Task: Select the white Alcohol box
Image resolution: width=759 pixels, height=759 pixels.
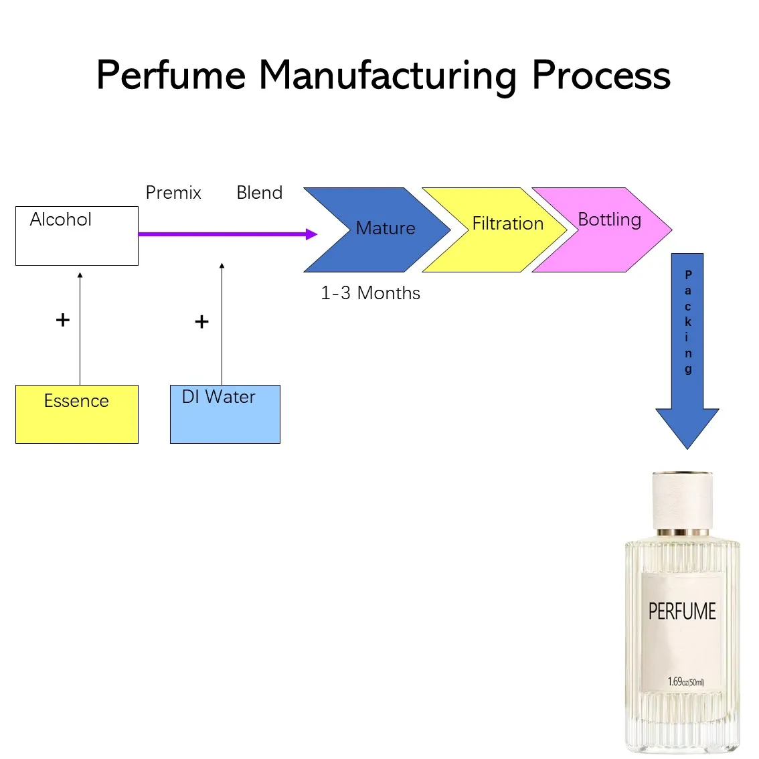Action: (x=76, y=236)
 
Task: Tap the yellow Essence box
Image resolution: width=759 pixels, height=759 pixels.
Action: (x=76, y=414)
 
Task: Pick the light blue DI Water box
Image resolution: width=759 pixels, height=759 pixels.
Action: (x=225, y=414)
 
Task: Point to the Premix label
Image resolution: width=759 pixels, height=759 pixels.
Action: (x=173, y=193)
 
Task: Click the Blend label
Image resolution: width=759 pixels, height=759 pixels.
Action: (x=260, y=193)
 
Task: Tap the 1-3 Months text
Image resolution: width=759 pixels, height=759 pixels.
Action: (x=370, y=293)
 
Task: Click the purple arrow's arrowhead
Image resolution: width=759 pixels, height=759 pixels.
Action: (x=311, y=234)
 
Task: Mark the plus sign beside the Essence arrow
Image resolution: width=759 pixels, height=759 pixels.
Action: (x=63, y=320)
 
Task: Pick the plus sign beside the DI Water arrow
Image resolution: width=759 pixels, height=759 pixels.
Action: (x=201, y=322)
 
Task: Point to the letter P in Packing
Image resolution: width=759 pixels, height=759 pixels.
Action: (x=688, y=275)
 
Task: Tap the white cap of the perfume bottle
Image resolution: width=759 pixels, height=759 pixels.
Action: (x=682, y=500)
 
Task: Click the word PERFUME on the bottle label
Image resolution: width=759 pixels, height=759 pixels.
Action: (x=682, y=611)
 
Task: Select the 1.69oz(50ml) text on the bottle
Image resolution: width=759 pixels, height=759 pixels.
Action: (x=685, y=682)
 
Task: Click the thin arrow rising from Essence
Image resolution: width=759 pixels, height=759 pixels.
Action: (x=80, y=328)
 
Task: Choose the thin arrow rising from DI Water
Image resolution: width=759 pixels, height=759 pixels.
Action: (x=222, y=325)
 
